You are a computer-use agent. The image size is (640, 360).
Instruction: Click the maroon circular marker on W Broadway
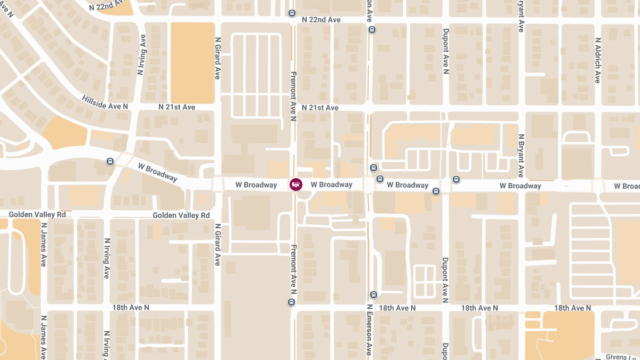pyautogui.click(x=295, y=185)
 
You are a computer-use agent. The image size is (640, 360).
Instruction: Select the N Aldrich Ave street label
pyautogui.click(x=597, y=60)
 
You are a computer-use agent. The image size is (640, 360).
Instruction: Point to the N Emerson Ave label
pyautogui.click(x=369, y=330)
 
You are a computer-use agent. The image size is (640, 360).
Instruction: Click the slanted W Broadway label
pyautogui.click(x=157, y=172)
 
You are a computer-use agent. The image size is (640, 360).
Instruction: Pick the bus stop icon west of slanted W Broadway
pyautogui.click(x=110, y=161)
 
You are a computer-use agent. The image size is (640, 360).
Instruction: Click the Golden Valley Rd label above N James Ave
pyautogui.click(x=37, y=214)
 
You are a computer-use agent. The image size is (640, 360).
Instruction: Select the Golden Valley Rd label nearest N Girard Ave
pyautogui.click(x=181, y=215)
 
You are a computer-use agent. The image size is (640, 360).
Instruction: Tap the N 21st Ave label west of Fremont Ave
pyautogui.click(x=177, y=107)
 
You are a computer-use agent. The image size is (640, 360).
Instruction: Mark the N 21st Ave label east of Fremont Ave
pyautogui.click(x=320, y=108)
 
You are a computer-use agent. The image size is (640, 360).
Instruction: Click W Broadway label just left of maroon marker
pyautogui.click(x=256, y=185)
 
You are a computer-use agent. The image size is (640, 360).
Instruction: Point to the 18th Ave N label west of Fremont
pyautogui.click(x=131, y=308)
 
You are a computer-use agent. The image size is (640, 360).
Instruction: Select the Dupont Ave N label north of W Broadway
pyautogui.click(x=445, y=56)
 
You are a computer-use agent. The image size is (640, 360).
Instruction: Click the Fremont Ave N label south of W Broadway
pyautogui.click(x=293, y=269)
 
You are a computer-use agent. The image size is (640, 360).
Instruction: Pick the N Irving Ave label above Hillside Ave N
pyautogui.click(x=141, y=54)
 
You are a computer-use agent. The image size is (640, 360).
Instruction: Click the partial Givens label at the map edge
pyautogui.click(x=622, y=356)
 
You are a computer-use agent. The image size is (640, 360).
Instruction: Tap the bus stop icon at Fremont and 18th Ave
pyautogui.click(x=291, y=302)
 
